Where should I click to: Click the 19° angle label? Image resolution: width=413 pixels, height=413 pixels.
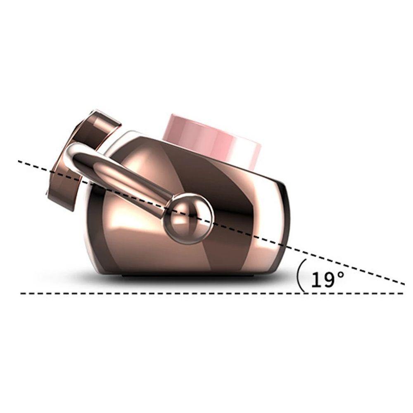(x=328, y=279)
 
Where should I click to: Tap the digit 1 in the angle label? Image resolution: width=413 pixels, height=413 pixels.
(x=315, y=280)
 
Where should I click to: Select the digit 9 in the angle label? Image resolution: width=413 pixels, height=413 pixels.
(x=328, y=280)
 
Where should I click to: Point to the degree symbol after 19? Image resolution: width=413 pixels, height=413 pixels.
(x=340, y=275)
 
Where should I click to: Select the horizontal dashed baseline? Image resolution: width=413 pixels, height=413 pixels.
(x=212, y=293)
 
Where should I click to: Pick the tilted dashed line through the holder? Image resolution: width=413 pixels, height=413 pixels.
(x=211, y=222)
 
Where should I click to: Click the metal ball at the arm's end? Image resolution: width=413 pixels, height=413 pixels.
(x=188, y=218)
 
